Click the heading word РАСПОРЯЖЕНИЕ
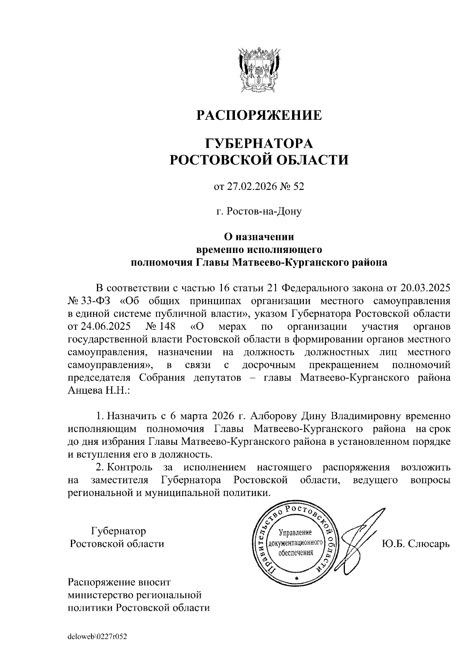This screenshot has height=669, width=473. [x=259, y=115]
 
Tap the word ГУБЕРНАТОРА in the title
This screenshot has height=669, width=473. [x=259, y=143]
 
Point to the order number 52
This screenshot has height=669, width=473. [x=299, y=186]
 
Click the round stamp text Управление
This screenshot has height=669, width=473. [x=295, y=533]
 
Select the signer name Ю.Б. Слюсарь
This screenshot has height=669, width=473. [x=415, y=544]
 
